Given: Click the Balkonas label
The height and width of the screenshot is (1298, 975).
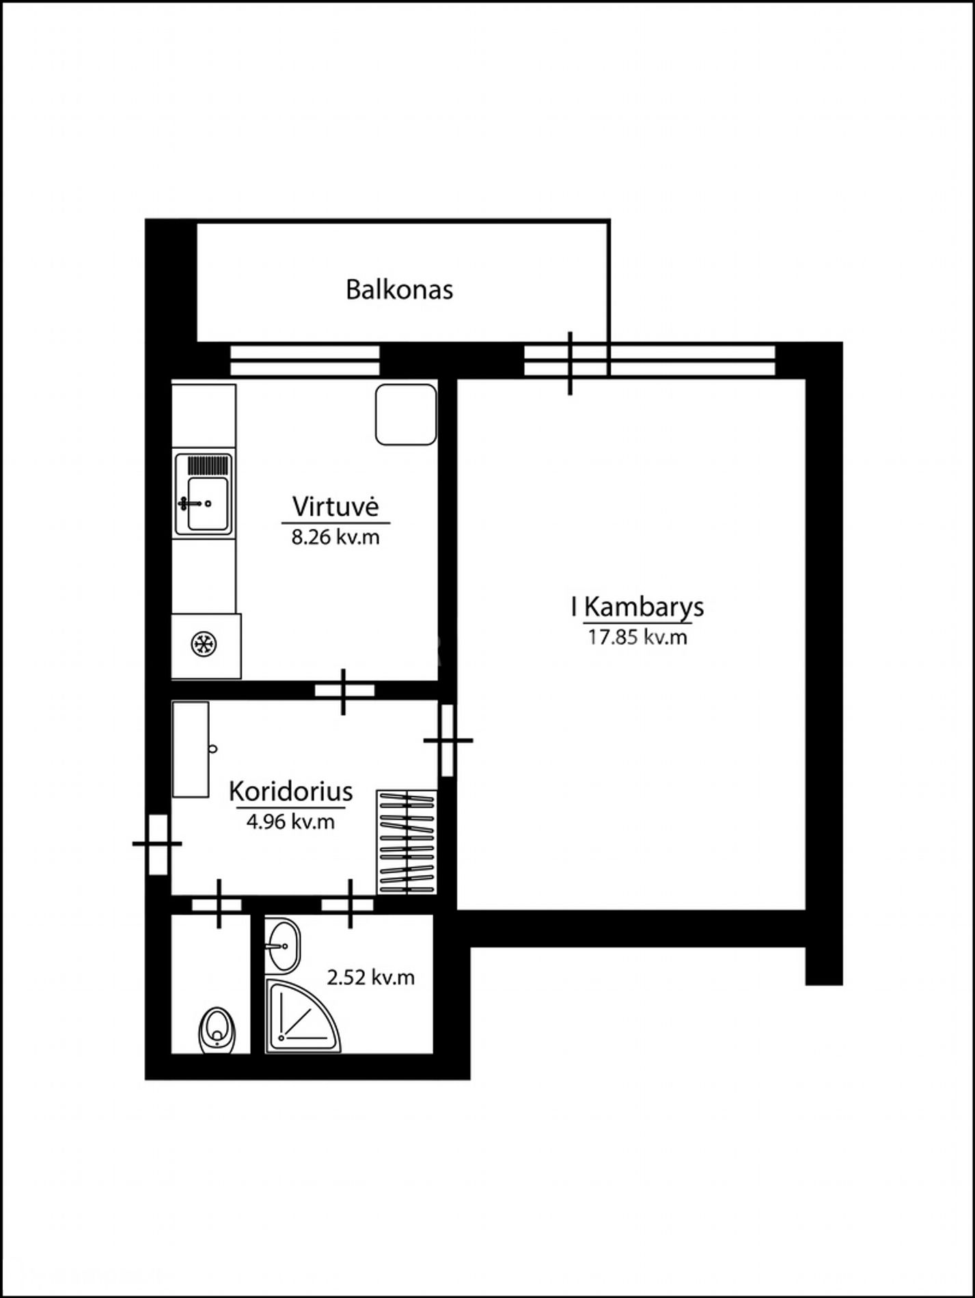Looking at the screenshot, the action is [399, 289].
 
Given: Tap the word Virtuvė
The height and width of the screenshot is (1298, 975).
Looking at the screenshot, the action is [335, 506].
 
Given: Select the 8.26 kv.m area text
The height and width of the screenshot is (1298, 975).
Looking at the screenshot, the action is [335, 537].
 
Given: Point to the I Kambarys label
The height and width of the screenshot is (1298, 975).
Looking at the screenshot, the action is [637, 607].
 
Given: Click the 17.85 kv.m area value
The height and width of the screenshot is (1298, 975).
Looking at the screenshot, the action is [637, 637].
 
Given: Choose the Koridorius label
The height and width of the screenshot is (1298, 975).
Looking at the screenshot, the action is [290, 791].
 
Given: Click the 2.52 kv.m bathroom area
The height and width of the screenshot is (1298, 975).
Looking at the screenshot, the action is [370, 978].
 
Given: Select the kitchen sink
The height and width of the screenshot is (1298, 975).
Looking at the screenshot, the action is [204, 494].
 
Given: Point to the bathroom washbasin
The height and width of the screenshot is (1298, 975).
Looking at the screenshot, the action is [281, 945].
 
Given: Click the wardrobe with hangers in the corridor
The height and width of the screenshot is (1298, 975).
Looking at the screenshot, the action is [407, 842].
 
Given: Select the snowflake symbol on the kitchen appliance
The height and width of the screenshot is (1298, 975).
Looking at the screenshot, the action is [204, 644].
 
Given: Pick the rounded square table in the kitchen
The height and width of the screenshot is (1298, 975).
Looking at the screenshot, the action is [406, 415].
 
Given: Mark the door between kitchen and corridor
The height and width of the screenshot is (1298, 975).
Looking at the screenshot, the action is [344, 691].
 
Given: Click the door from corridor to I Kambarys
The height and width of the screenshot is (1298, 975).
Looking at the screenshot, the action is [448, 740].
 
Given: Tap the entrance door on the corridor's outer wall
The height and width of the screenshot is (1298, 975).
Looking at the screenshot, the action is [158, 844].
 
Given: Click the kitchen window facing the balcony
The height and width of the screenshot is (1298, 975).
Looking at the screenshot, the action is [305, 361].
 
